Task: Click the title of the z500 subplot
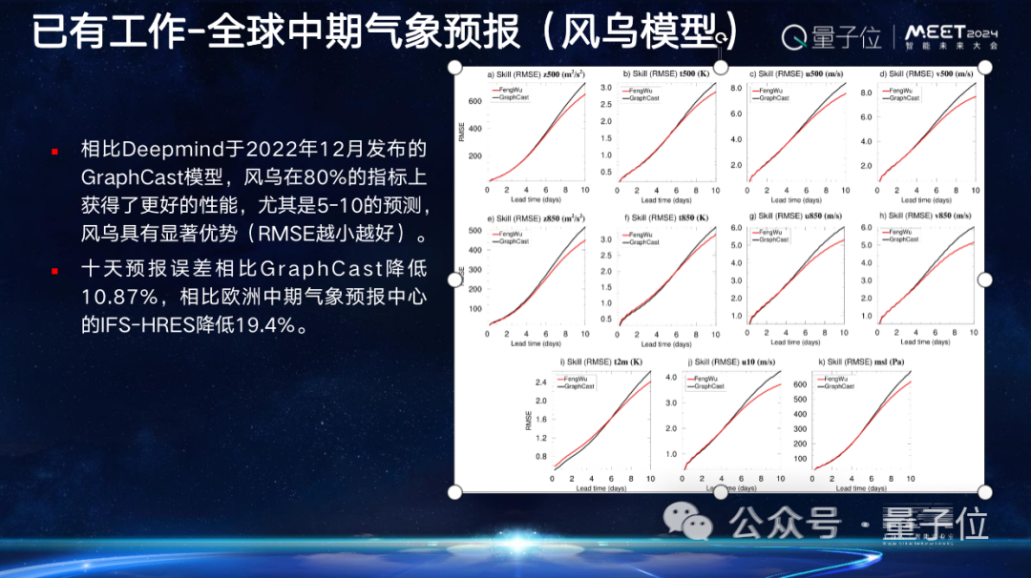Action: pyautogui.click(x=536, y=74)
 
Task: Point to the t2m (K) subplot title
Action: pyautogui.click(x=602, y=362)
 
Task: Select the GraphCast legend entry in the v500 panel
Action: pyautogui.click(x=903, y=98)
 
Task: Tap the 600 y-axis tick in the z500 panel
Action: pyautogui.click(x=474, y=101)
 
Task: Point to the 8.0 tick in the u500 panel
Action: pyautogui.click(x=736, y=88)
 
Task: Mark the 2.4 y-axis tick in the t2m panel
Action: pyautogui.click(x=540, y=382)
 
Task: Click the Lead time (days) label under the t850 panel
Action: pyautogui.click(x=663, y=343)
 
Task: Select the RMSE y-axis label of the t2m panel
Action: pyautogui.click(x=529, y=420)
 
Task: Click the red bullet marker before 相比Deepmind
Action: pyautogui.click(x=54, y=151)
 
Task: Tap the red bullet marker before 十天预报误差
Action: pyautogui.click(x=54, y=271)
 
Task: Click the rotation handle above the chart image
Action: pyautogui.click(x=722, y=37)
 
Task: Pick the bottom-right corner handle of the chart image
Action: pyautogui.click(x=985, y=492)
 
